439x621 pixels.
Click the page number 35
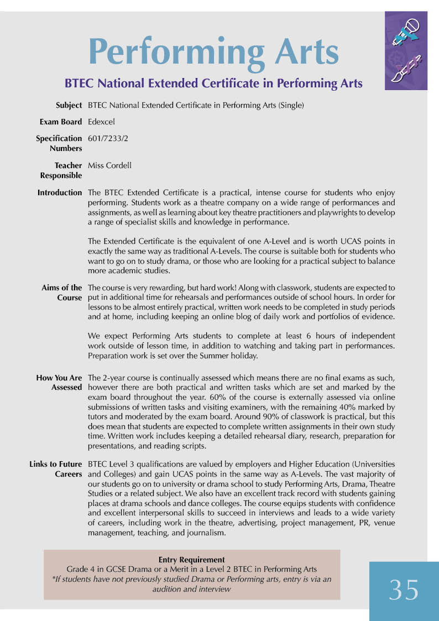point(404,590)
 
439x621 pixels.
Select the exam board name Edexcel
point(101,122)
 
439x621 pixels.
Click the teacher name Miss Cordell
point(109,165)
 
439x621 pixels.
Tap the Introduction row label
point(60,192)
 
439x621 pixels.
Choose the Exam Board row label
point(61,122)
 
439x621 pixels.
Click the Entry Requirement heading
point(192,560)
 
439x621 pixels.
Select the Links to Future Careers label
point(56,469)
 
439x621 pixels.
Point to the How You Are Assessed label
point(59,383)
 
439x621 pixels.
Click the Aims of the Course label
point(62,293)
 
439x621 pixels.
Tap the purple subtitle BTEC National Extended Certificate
point(213,84)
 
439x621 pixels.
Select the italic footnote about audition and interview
point(192,584)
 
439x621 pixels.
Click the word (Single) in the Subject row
point(291,105)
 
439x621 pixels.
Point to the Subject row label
point(69,105)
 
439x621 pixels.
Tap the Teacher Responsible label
point(61,170)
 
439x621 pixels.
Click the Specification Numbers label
point(59,143)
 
